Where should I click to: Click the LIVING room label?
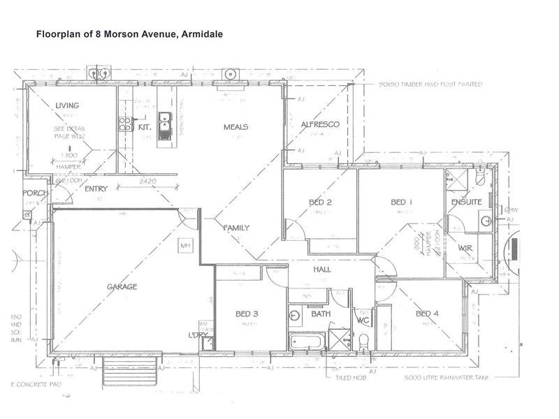(x=68, y=105)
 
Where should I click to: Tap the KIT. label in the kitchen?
(x=145, y=128)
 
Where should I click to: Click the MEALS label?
(x=236, y=127)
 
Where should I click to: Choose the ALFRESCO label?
(x=319, y=124)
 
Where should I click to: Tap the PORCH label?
(x=34, y=193)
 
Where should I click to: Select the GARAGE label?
(x=122, y=286)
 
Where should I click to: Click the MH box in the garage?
(x=185, y=246)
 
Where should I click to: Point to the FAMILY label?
(x=236, y=228)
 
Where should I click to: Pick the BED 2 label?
(x=319, y=203)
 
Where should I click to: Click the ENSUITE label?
(x=466, y=203)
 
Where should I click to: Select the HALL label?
(x=322, y=270)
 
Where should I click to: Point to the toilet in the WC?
(x=363, y=341)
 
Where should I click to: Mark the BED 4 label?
(x=427, y=314)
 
